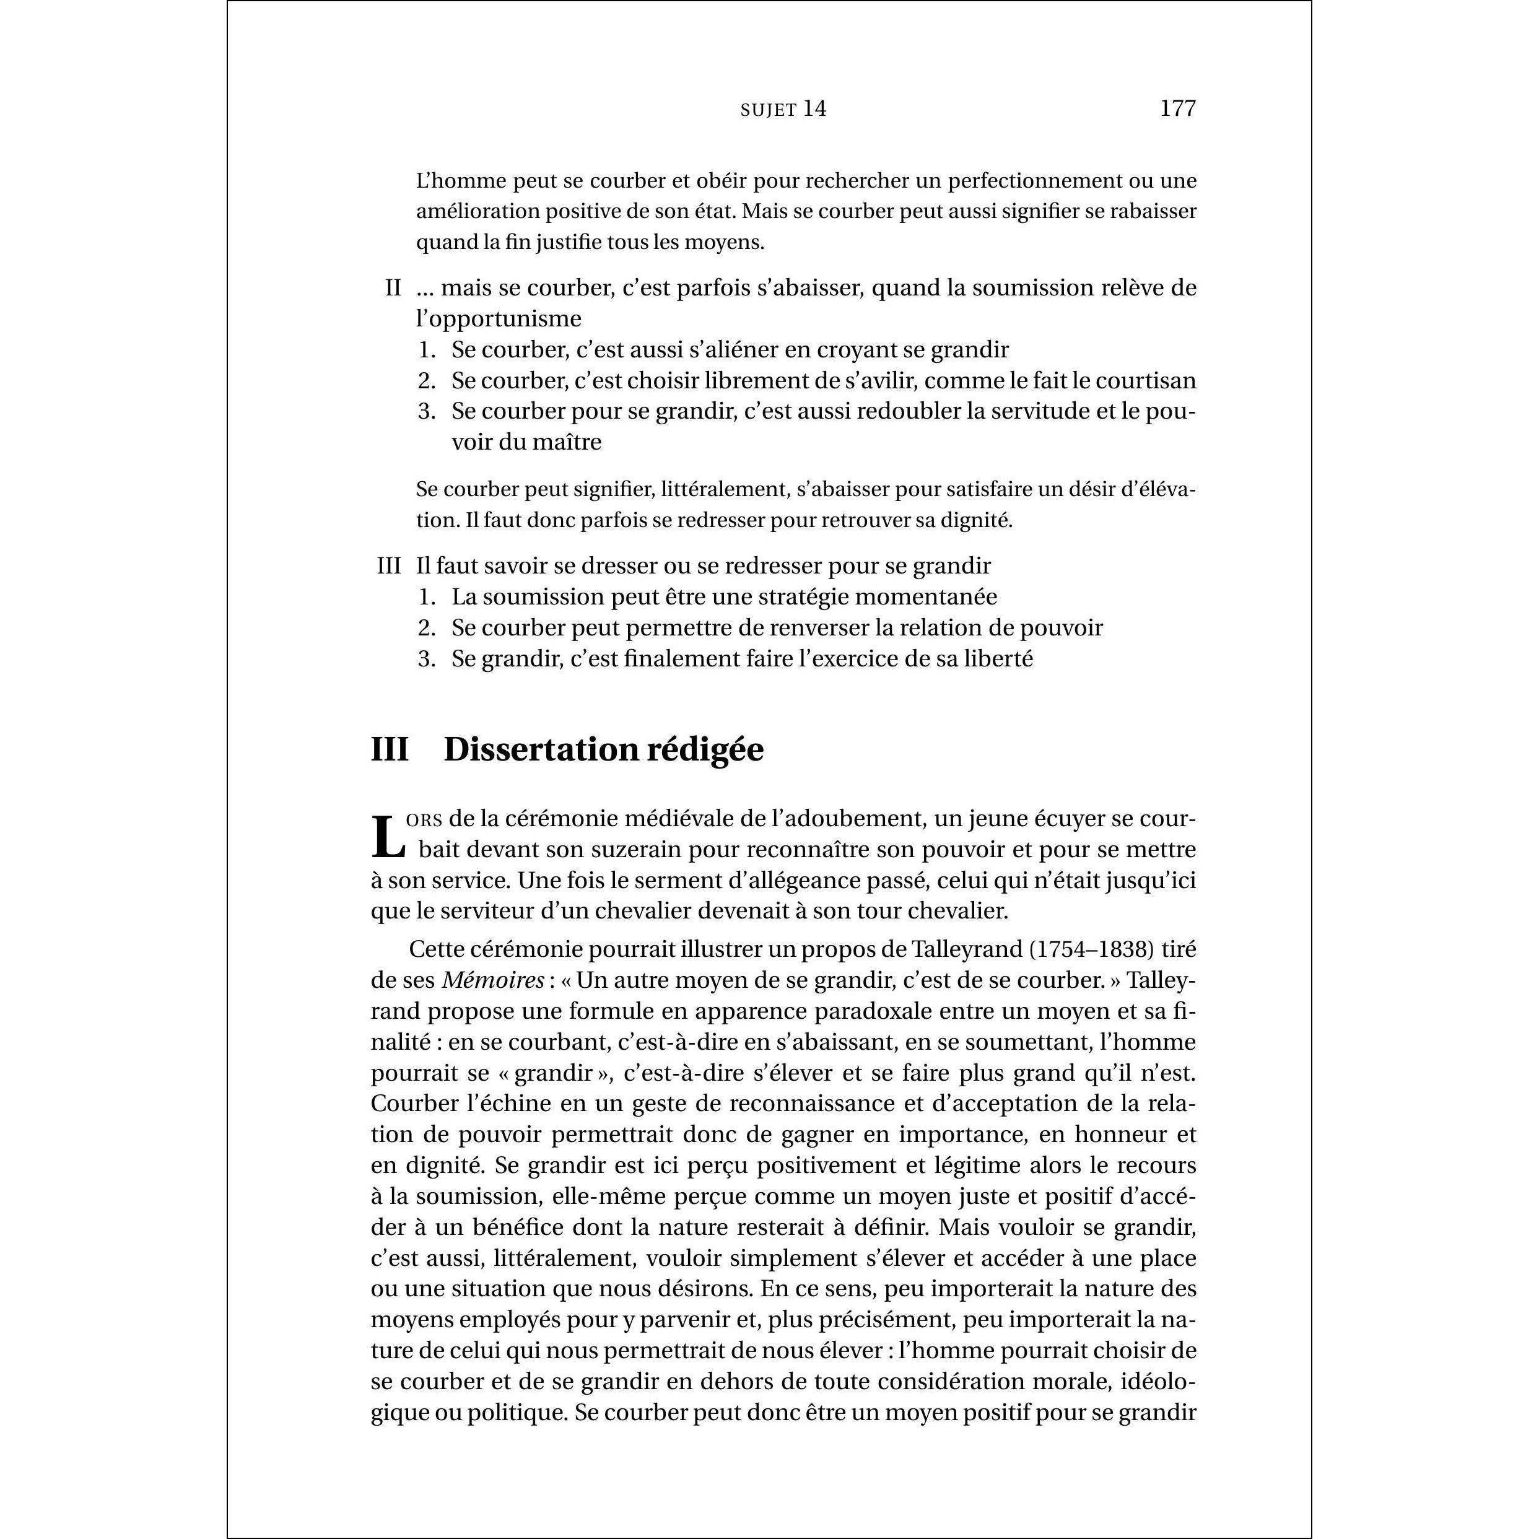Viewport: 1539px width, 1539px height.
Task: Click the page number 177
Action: coord(1177,108)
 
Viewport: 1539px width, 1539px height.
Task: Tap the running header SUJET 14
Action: coord(783,109)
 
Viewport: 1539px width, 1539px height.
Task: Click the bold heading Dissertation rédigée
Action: coord(603,749)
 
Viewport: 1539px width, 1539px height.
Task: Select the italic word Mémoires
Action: coord(493,980)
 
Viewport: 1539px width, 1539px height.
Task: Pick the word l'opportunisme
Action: coord(499,318)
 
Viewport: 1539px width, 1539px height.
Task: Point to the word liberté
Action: coord(998,659)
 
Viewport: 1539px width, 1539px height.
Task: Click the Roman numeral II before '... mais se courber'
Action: coord(393,287)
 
